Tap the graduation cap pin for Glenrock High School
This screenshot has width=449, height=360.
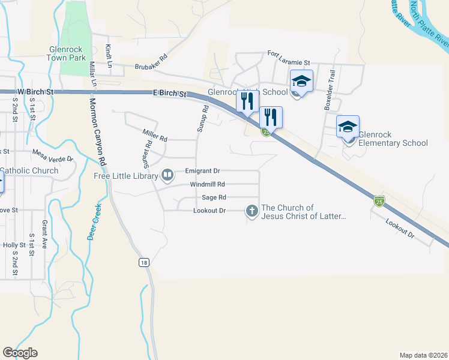pos(301,82)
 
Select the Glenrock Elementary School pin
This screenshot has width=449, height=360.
pos(348,127)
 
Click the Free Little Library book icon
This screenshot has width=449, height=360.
pos(168,175)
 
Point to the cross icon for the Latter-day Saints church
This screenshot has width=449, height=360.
pos(252,211)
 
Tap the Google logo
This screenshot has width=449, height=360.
pos(20,353)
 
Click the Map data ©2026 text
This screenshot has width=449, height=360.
pos(423,355)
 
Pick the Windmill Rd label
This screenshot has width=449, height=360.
pos(207,184)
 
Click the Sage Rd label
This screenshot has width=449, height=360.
pos(214,197)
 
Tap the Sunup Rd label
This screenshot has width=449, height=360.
pos(202,119)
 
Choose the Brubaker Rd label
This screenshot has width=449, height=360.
pos(151,67)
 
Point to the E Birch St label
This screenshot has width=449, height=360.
pos(170,94)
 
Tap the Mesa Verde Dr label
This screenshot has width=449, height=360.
pos(52,156)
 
